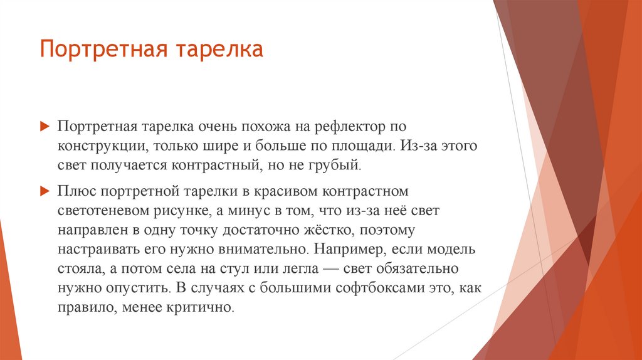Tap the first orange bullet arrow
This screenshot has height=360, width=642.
click(x=44, y=127)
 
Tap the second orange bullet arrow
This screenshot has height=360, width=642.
click(x=44, y=189)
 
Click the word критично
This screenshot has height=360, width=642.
click(x=205, y=309)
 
